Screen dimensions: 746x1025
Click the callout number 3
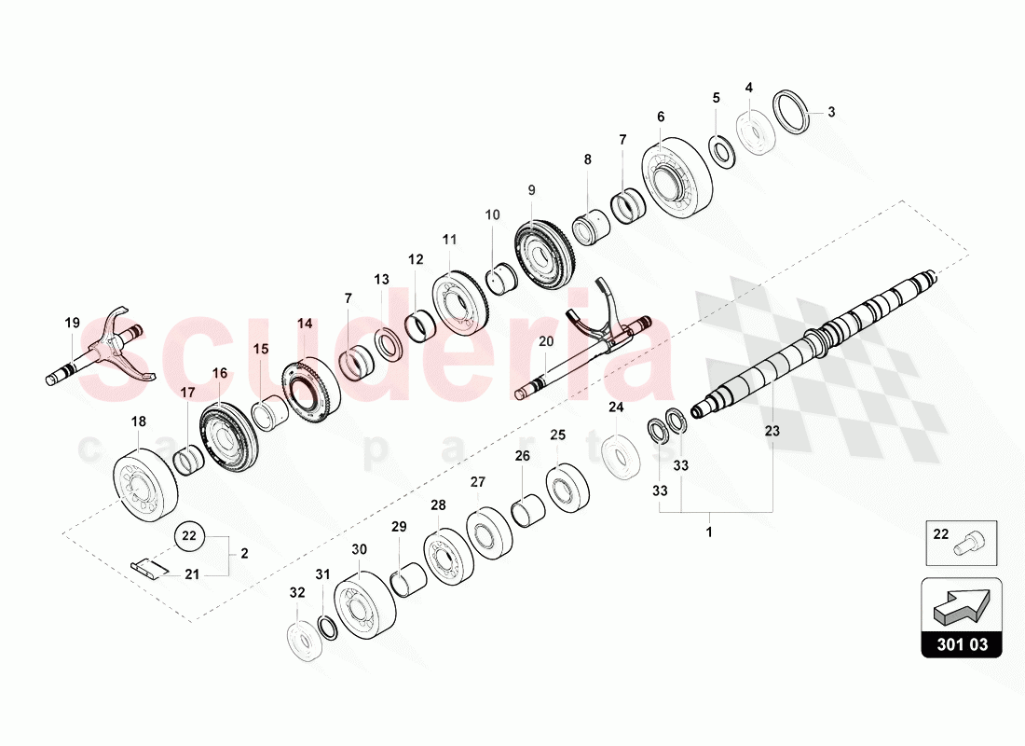click(831, 112)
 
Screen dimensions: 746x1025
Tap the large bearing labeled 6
click(677, 179)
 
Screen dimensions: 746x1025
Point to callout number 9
click(531, 189)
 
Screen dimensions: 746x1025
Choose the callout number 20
click(546, 341)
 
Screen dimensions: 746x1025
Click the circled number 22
click(189, 535)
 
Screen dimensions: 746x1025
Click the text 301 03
click(961, 644)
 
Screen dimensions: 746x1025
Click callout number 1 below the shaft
click(709, 533)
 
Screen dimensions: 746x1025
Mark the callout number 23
click(772, 431)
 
